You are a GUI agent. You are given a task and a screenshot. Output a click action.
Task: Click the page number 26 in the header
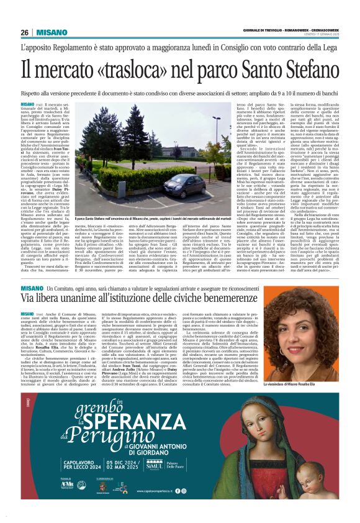point(24,32)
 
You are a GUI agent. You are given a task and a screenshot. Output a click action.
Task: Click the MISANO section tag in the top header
point(49,32)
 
